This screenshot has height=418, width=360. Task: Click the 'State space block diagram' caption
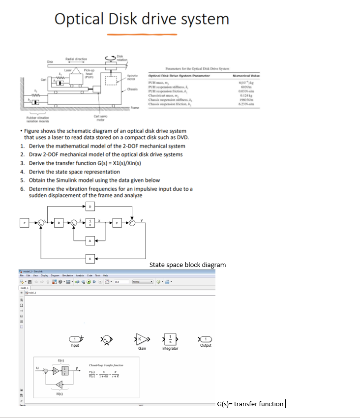[187, 265]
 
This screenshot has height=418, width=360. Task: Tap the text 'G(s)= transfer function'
[250, 404]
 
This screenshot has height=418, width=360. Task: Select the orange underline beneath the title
[142, 34]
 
